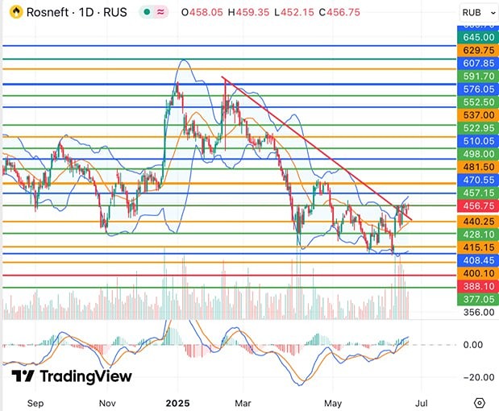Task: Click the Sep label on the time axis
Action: coord(35,401)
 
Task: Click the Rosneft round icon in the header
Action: coord(13,13)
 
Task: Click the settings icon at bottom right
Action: coord(480,401)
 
